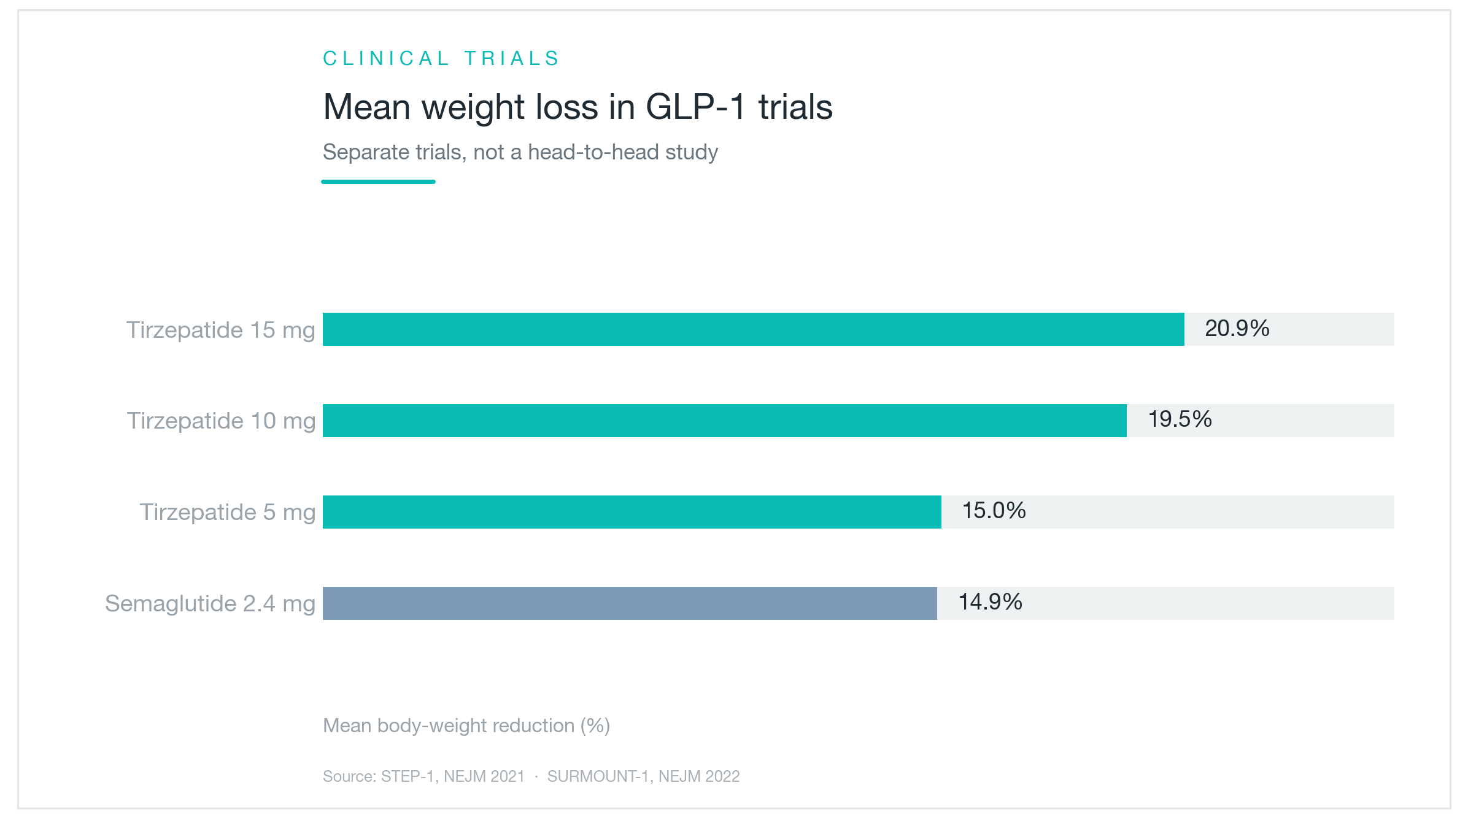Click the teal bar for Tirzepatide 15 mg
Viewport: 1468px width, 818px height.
tap(753, 329)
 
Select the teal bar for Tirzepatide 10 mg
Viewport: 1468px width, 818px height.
tap(725, 421)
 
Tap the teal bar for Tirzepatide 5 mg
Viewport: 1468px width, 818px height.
tap(632, 512)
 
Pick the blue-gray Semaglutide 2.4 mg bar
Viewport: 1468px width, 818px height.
tap(630, 603)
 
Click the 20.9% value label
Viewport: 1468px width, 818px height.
tap(1237, 329)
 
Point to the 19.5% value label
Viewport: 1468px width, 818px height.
tap(1180, 419)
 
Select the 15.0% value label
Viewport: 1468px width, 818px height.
tap(994, 511)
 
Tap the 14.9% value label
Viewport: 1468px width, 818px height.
tap(991, 602)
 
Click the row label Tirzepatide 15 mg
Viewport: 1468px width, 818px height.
tap(221, 331)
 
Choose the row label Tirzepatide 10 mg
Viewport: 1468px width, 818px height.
tap(221, 421)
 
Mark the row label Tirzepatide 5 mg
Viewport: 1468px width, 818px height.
tap(228, 513)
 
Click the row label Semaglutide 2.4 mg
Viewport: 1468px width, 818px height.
tap(211, 604)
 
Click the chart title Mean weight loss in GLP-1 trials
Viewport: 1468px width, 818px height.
tap(578, 107)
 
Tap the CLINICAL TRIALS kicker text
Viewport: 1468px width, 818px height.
tap(441, 58)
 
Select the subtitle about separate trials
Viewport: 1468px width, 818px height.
tap(520, 152)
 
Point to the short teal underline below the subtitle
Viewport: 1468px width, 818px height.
tap(379, 182)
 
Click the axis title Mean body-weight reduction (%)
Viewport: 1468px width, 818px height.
tap(466, 725)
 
